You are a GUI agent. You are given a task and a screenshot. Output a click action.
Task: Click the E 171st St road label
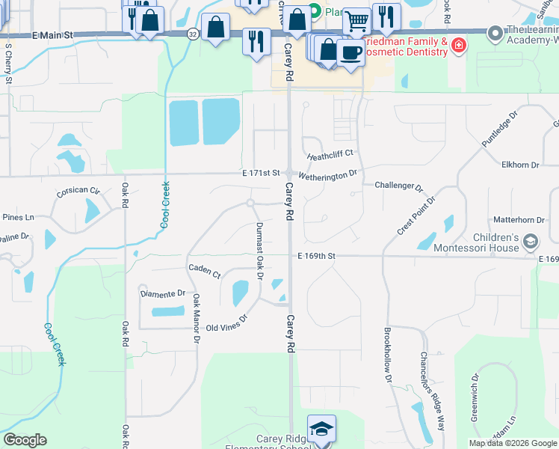[261, 173]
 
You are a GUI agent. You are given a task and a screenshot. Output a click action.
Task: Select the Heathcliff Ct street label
[330, 155]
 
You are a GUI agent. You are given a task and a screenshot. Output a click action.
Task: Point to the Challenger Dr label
[398, 185]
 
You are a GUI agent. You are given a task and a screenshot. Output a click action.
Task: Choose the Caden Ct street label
[204, 270]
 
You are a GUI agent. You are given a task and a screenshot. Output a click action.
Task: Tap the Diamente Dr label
[162, 294]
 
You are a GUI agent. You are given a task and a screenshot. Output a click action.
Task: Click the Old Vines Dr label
[226, 327]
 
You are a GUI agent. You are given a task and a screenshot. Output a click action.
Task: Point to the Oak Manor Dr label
[196, 318]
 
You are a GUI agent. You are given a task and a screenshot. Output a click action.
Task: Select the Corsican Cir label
[78, 192]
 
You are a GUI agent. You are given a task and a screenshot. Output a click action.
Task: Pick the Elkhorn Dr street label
[521, 165]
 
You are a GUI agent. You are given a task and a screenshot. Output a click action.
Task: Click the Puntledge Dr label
[500, 131]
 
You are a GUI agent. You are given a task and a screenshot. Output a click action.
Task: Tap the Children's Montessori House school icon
[531, 241]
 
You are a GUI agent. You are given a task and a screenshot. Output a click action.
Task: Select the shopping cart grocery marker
[357, 20]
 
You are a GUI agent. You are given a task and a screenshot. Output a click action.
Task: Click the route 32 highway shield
[193, 34]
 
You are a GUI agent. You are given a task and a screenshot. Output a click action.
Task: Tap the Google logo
[25, 440]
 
